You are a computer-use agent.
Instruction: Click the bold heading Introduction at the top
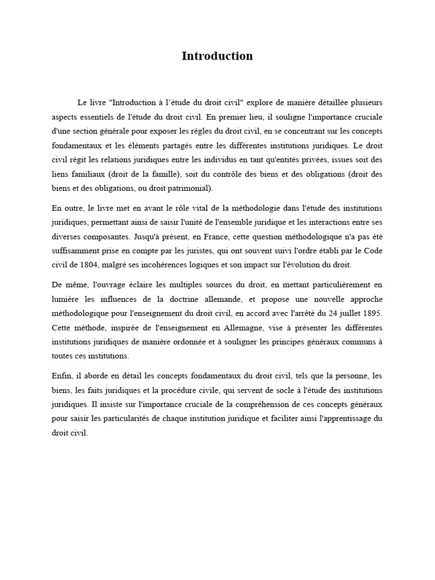(217, 56)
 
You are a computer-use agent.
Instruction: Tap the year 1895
(371, 312)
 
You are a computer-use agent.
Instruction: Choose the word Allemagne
(259, 327)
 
